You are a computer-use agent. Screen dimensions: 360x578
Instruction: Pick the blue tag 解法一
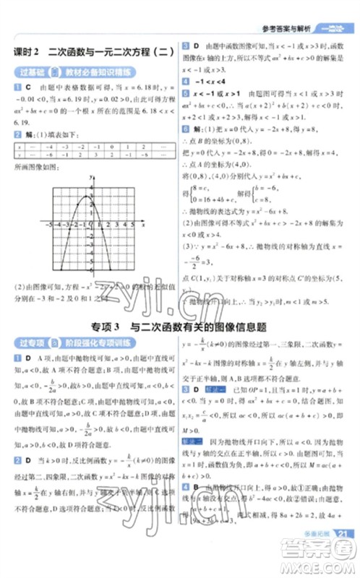pos(216,388)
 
